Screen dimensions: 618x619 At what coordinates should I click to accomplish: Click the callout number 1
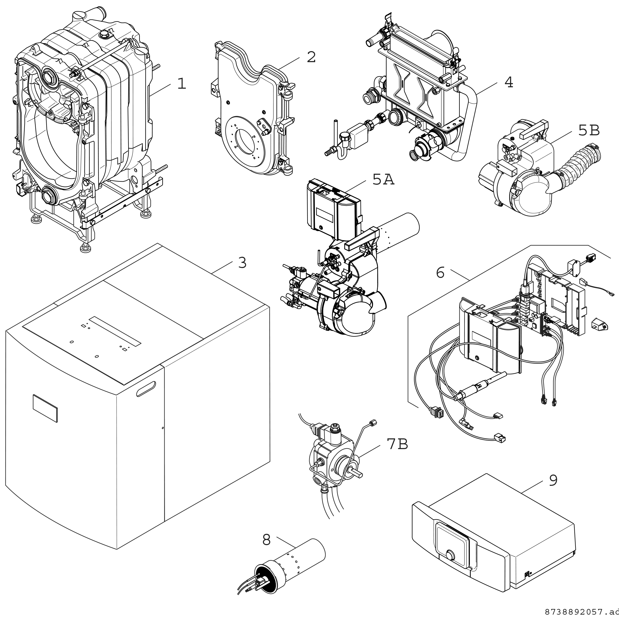[182, 84]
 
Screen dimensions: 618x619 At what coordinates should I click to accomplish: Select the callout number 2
[311, 57]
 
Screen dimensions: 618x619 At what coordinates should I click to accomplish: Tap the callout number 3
[242, 263]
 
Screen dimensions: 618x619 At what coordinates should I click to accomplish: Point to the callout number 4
[509, 82]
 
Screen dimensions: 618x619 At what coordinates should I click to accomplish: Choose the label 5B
[589, 131]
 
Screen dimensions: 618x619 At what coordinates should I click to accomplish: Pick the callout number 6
[440, 273]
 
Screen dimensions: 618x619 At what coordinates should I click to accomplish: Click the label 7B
[397, 444]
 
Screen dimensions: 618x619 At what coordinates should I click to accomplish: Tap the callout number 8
[267, 540]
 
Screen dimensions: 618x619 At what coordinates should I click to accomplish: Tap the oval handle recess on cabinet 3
[147, 388]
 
